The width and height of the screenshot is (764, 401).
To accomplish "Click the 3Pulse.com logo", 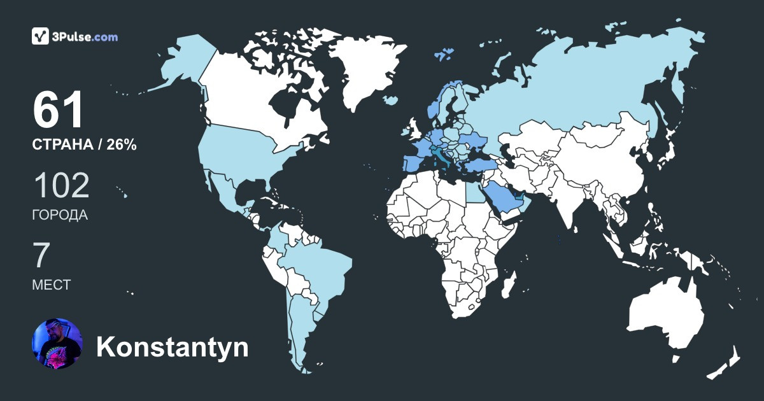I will pos(75,36).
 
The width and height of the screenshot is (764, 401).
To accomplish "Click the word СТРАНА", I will pos(62,145).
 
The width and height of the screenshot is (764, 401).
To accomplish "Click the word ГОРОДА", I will pos(60,215).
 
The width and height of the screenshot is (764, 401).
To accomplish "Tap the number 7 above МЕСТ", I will pos(41,256).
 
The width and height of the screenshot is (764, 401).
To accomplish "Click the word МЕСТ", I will pos(52,285).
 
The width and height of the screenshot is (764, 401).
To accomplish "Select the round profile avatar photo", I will pos(57,344).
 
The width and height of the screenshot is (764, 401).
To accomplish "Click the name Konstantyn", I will pos(172,348).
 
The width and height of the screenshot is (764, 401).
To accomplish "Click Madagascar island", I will pos(508,286).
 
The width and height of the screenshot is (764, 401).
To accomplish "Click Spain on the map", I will pos(414,162).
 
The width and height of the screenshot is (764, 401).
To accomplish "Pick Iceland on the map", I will pos(390,100).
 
